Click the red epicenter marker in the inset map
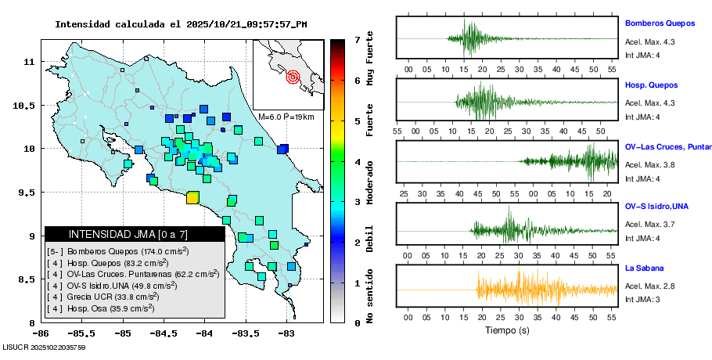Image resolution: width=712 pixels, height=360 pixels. coord(293,77)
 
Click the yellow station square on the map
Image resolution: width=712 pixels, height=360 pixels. coord(192,198)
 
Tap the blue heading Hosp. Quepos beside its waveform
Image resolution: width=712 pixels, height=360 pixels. coord(651,85)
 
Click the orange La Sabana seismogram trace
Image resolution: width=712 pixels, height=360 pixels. coord(516,290)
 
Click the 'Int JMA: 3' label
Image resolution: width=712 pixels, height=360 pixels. coord(642,300)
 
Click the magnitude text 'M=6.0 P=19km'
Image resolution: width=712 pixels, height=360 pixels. coord(286,117)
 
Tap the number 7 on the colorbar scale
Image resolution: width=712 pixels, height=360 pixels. coord(357,39)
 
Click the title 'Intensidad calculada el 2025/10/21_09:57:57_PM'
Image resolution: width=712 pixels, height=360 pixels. coord(181,23)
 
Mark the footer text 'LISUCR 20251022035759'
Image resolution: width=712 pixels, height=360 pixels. coord(45,347)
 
